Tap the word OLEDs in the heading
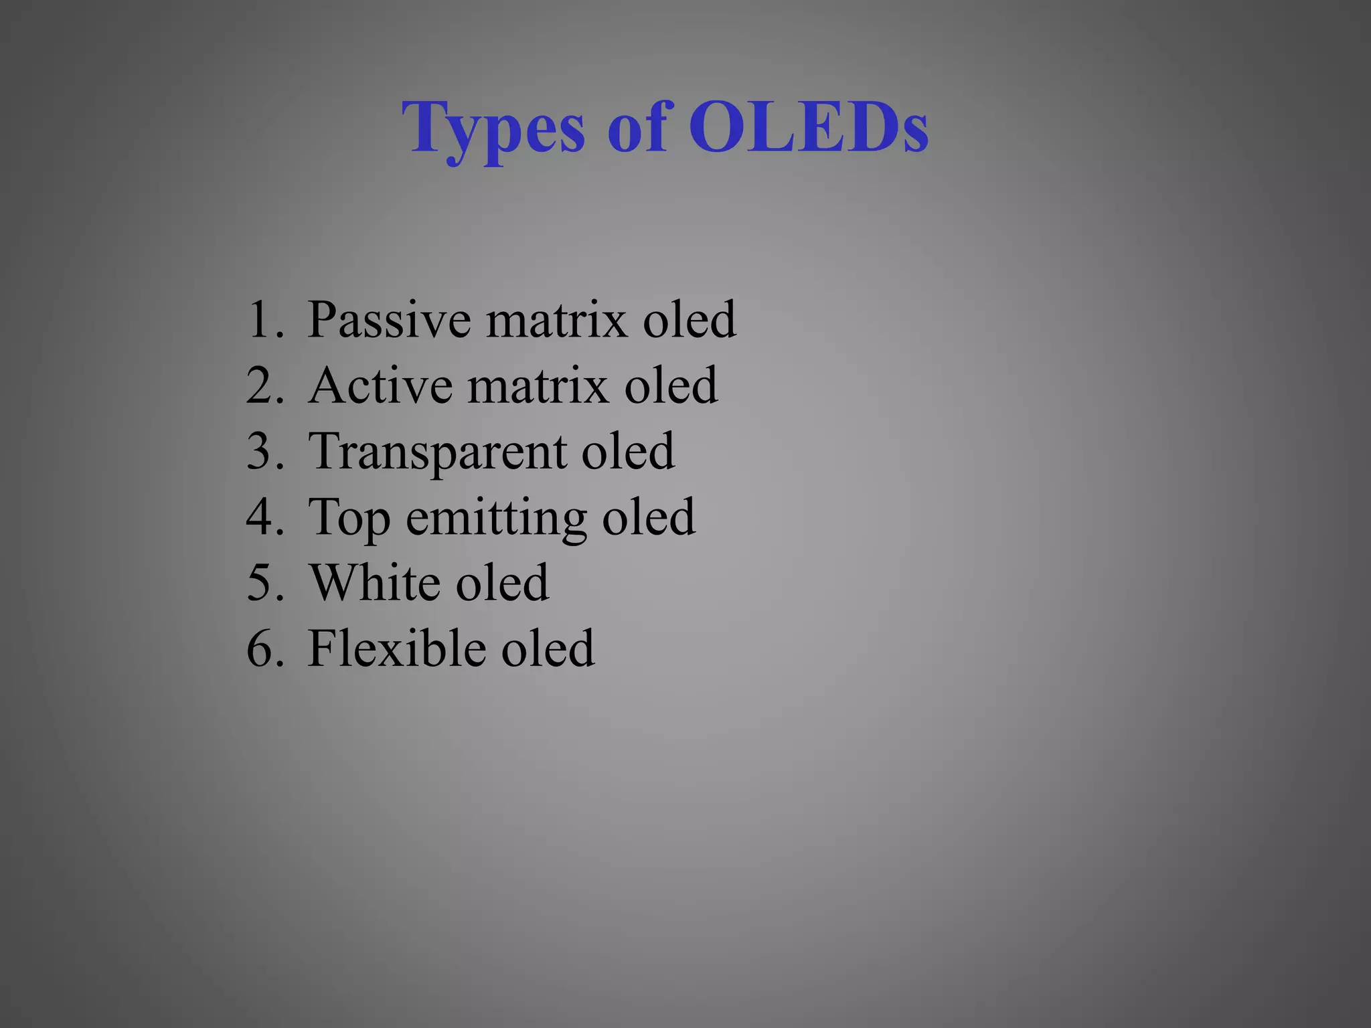[x=809, y=127]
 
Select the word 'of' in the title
[x=637, y=127]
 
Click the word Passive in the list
[x=389, y=319]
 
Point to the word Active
[x=380, y=385]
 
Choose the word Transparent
[x=436, y=451]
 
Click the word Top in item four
[x=349, y=517]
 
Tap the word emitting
[x=496, y=517]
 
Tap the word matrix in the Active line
[x=538, y=385]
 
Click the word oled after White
[x=502, y=582]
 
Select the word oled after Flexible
[x=548, y=648]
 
